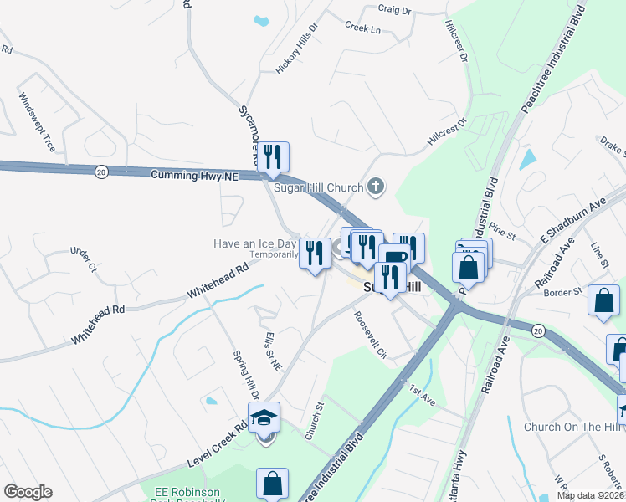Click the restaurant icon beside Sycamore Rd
tap(273, 156)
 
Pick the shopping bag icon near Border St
tap(604, 300)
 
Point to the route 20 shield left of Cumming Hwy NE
tap(101, 171)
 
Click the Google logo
tap(28, 492)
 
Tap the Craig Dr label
tap(394, 11)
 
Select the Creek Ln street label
tap(362, 28)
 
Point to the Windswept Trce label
tap(36, 121)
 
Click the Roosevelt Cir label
tap(370, 334)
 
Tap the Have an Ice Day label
tap(255, 243)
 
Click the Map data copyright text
tap(590, 495)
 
